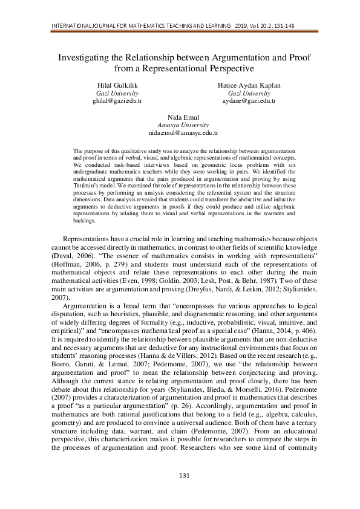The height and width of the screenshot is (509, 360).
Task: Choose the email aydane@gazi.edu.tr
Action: [249, 102]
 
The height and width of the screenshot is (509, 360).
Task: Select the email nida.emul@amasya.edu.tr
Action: [183, 131]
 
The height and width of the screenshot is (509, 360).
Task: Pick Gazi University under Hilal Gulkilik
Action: [117, 94]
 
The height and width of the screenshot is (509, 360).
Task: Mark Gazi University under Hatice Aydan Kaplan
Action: [249, 94]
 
